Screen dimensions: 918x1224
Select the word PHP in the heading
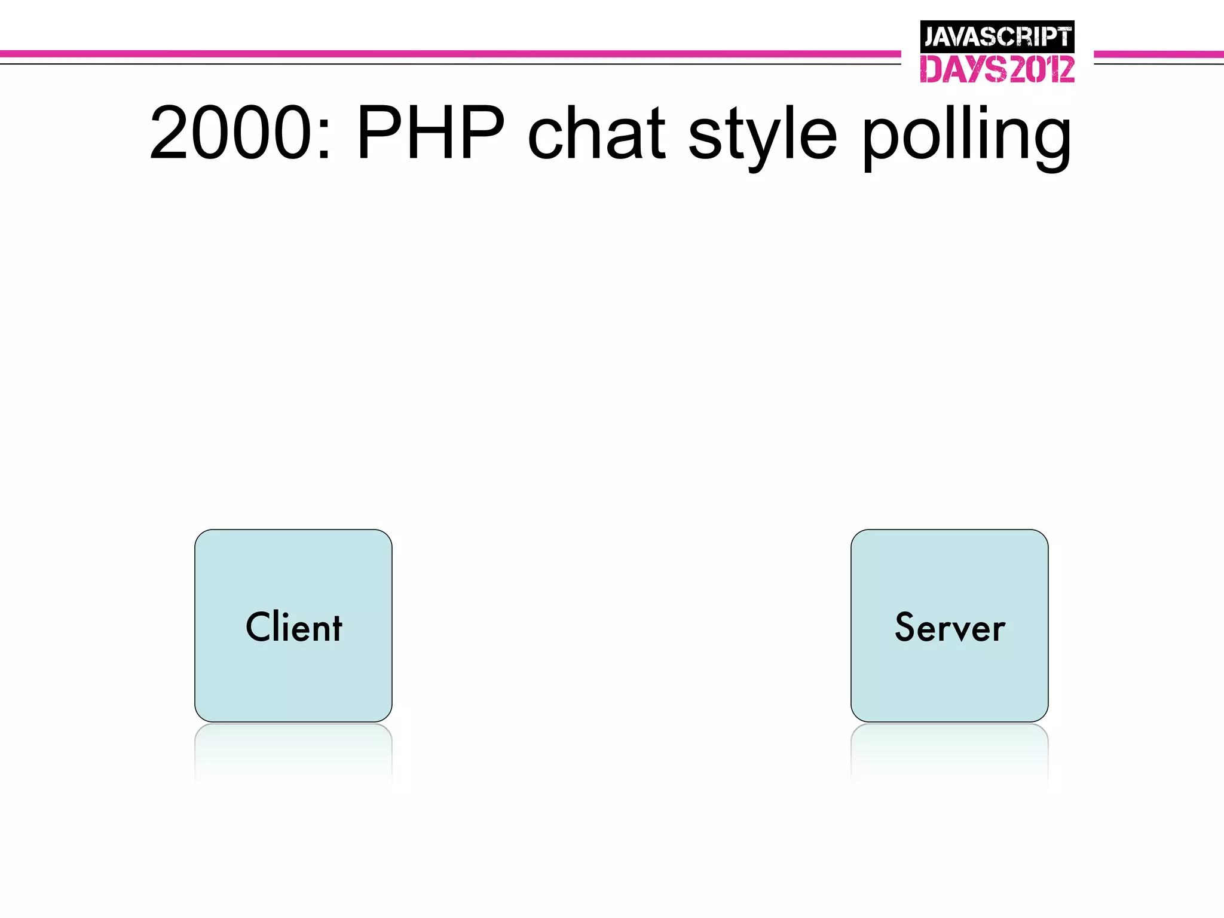[430, 133]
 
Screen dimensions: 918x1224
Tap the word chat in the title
[596, 133]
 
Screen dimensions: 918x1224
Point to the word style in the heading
[762, 136]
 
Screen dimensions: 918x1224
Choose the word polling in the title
[966, 136]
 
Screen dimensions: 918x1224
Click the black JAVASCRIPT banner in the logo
[997, 36]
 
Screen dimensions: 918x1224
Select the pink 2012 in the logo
[1042, 69]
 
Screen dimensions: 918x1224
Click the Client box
[293, 625]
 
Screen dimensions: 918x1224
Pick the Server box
[949, 625]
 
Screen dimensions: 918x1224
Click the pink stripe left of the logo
[448, 54]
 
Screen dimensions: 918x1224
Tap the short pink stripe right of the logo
[1158, 54]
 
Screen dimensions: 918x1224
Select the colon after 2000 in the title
[325, 140]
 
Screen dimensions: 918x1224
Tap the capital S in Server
[905, 627]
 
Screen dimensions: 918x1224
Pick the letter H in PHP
[431, 133]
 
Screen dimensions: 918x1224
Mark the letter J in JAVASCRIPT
[930, 37]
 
